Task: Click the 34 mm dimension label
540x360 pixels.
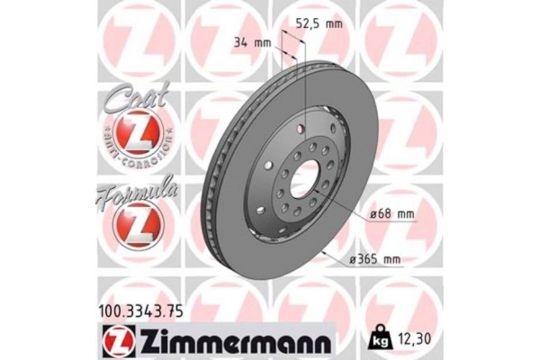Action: pos(254,43)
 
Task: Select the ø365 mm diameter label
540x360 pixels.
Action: pos(376,259)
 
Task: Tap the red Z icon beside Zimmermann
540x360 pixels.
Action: pos(115,341)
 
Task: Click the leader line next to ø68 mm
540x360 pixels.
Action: pos(342,205)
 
